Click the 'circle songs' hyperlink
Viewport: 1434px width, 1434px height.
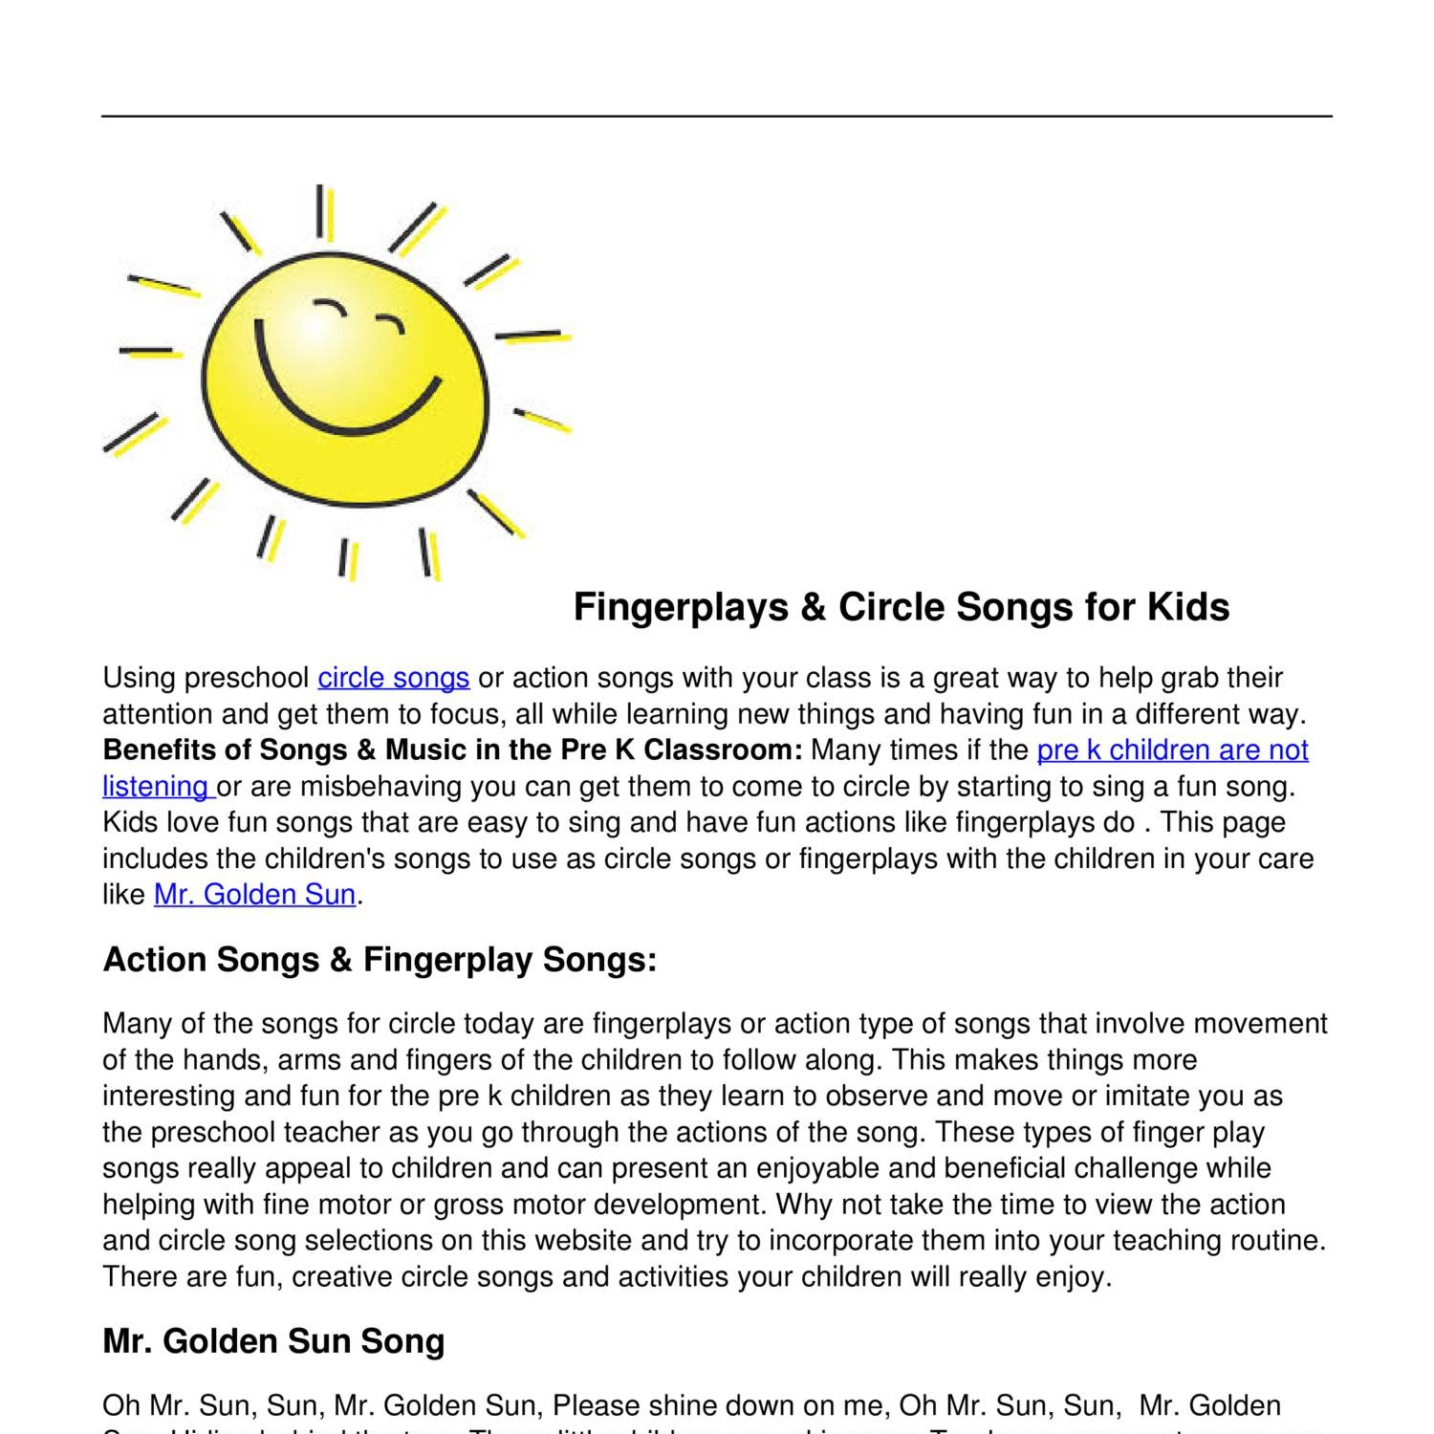pos(393,678)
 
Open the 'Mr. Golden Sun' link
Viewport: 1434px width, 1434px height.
pos(254,895)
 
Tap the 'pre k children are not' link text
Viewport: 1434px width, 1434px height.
pos(1172,750)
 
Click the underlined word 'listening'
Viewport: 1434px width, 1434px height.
pos(155,787)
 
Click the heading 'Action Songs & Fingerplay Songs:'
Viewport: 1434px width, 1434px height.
pos(380,959)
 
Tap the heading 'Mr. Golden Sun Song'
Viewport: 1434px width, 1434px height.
pos(273,1341)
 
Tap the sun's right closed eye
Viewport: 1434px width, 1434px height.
pos(390,323)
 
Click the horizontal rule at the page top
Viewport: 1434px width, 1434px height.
pos(717,117)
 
